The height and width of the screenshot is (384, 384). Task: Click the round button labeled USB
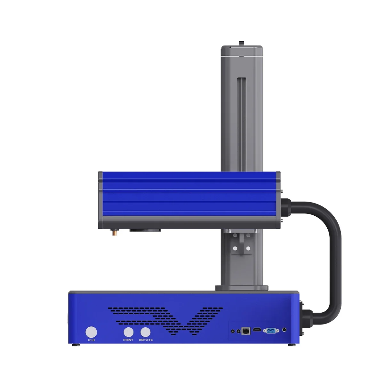click(x=92, y=332)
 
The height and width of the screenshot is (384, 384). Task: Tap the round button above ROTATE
click(x=145, y=332)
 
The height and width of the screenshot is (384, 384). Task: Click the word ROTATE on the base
click(x=146, y=340)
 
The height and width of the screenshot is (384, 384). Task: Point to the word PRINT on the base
click(x=128, y=340)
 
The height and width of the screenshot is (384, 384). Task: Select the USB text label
click(x=92, y=340)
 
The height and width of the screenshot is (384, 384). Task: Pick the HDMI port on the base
click(x=257, y=330)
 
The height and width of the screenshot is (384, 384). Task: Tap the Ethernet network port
click(x=246, y=331)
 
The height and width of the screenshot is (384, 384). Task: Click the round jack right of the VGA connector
click(x=284, y=330)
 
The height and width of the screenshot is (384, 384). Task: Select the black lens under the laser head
click(x=145, y=230)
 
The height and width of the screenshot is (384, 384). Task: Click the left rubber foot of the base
click(x=76, y=345)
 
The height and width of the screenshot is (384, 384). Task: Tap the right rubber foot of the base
click(x=291, y=345)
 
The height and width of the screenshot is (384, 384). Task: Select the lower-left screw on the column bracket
click(x=235, y=248)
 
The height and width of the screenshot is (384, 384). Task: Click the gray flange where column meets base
click(x=242, y=288)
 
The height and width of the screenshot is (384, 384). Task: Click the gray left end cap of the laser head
click(x=100, y=200)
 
